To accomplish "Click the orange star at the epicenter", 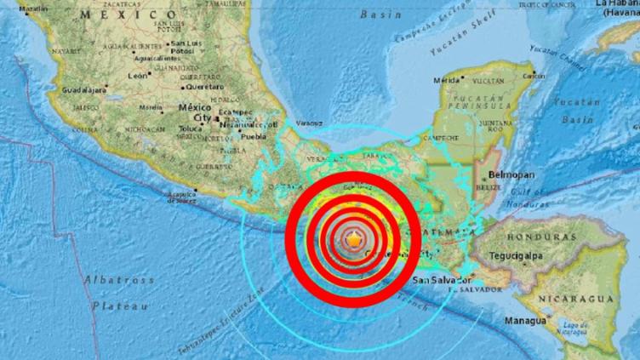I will pyautogui.click(x=352, y=243).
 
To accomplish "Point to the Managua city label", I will pyautogui.click(x=524, y=321).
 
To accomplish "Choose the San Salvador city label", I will pyautogui.click(x=442, y=280).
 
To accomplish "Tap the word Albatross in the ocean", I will pyautogui.click(x=118, y=279).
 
